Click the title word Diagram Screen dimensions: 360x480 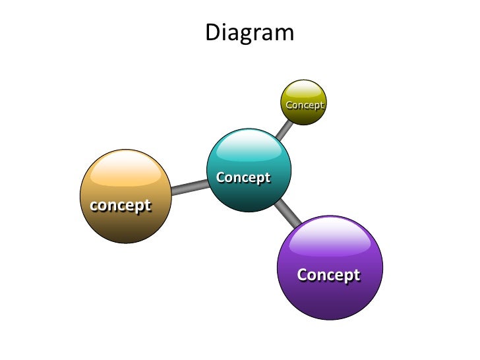249,33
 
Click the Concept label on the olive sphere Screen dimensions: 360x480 305,105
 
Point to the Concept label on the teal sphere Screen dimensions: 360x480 243,177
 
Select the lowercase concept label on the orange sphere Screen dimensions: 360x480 121,205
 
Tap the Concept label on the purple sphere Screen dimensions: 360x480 328,274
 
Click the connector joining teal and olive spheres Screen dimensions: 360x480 284,130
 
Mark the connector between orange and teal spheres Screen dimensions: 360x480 189,187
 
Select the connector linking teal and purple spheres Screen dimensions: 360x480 287,212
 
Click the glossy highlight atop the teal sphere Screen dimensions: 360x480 249,146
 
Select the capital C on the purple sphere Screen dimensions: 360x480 303,274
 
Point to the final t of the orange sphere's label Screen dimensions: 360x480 147,205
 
